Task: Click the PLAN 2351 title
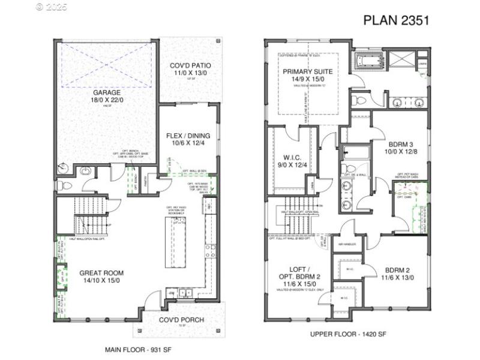396,20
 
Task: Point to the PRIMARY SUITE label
308,71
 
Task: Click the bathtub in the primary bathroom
370,62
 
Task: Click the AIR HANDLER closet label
347,245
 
